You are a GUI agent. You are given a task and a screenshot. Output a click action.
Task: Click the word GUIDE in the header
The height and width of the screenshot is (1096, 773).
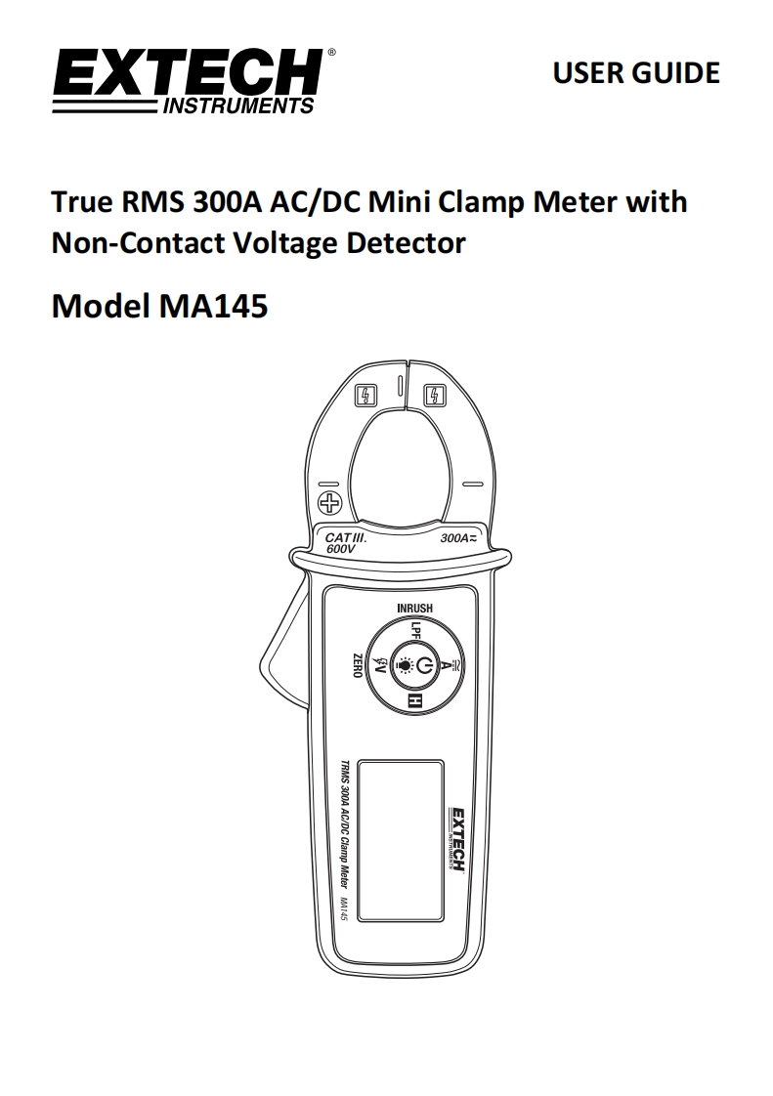675,72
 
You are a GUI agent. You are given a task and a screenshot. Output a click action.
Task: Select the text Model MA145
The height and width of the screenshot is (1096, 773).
159,306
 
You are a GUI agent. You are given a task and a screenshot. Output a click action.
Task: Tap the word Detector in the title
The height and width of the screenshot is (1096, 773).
407,243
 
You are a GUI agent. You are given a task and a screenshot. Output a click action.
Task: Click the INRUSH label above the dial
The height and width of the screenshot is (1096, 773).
414,609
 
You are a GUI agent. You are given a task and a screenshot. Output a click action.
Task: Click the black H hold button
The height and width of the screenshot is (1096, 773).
416,701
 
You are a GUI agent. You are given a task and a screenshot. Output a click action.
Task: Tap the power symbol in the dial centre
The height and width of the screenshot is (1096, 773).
425,664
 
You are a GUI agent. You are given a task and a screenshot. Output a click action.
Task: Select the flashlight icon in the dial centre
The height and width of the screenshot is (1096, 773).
405,664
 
